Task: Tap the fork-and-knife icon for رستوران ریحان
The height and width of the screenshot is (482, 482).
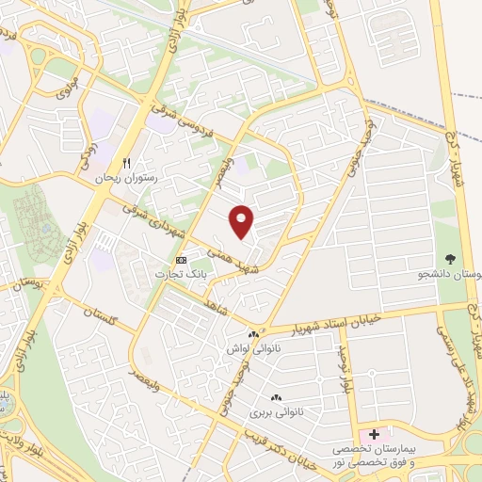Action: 125,162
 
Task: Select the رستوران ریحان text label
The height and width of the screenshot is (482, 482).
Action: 126,177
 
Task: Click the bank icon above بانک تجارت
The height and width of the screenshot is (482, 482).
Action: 182,260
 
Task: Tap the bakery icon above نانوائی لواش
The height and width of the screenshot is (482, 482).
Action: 254,334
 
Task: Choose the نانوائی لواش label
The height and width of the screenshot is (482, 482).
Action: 249,348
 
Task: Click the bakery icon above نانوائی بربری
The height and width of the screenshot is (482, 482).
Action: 276,398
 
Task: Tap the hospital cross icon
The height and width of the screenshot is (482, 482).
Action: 375,434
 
